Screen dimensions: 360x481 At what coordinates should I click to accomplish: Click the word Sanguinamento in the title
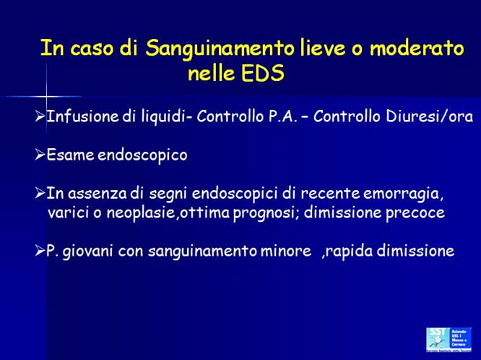[220, 49]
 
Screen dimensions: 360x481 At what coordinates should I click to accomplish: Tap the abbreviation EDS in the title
[263, 74]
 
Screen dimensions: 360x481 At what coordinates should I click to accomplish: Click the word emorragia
[401, 194]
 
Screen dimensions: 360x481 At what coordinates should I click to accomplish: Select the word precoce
[412, 213]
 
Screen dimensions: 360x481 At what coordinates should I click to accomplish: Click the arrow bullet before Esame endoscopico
[40, 155]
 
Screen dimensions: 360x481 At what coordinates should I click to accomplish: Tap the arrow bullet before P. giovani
[40, 252]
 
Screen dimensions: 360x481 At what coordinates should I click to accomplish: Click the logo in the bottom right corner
[448, 339]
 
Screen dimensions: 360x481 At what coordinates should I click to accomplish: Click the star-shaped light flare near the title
[46, 95]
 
